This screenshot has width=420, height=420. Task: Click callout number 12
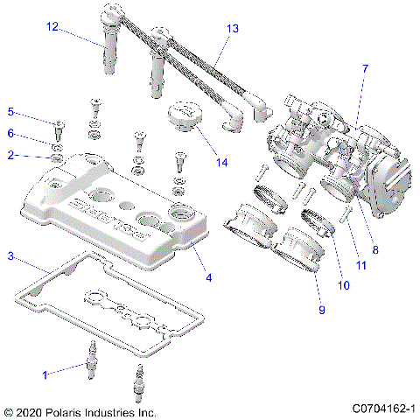(x=52, y=28)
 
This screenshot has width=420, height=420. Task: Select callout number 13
(x=232, y=28)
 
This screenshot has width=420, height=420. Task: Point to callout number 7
(x=365, y=68)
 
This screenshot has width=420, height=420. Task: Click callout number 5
(x=11, y=112)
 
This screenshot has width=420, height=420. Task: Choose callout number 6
(x=11, y=133)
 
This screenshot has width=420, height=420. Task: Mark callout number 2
(x=11, y=155)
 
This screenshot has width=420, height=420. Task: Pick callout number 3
(x=10, y=256)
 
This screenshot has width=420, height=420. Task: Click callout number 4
(x=209, y=278)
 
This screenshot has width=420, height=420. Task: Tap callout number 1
(x=45, y=374)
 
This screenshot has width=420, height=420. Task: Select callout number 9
(x=321, y=309)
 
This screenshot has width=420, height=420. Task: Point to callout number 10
(x=343, y=285)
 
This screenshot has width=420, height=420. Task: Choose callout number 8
(x=375, y=249)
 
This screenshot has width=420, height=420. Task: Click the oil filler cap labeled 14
(x=183, y=115)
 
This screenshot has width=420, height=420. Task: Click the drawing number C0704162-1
(x=383, y=409)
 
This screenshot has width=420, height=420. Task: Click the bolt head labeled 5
(x=57, y=125)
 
